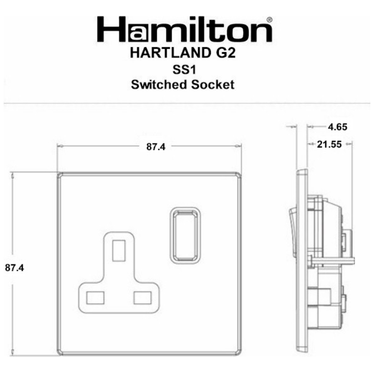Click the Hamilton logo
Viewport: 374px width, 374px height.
point(185,29)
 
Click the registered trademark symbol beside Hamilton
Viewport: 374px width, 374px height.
point(269,19)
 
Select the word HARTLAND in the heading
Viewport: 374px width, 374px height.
point(170,53)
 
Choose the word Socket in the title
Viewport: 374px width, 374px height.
point(213,85)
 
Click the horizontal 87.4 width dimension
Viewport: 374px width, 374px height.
point(156,147)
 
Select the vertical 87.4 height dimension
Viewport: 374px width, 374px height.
point(15,268)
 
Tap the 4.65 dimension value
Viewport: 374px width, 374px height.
point(337,127)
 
